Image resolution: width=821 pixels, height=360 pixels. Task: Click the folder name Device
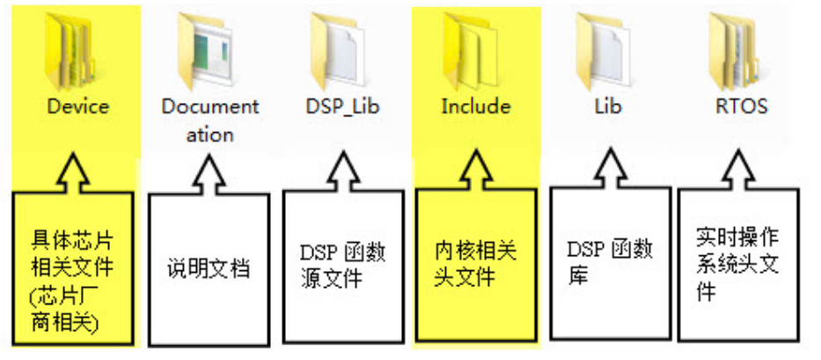pyautogui.click(x=78, y=107)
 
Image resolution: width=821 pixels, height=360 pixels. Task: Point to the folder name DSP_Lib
pyautogui.click(x=343, y=107)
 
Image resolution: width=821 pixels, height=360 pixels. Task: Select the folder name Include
pyautogui.click(x=476, y=107)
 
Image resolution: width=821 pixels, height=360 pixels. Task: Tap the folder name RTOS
pyautogui.click(x=742, y=107)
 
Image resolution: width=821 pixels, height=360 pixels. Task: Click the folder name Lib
pyautogui.click(x=608, y=107)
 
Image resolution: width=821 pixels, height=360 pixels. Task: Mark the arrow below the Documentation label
pyautogui.click(x=209, y=173)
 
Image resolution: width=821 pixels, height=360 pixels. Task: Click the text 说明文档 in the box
pyautogui.click(x=209, y=268)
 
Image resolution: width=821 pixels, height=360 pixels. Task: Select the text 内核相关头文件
pyautogui.click(x=476, y=265)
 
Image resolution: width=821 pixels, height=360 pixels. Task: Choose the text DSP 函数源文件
pyautogui.click(x=343, y=266)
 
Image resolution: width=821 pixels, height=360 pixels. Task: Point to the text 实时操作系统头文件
pyautogui.click(x=737, y=265)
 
